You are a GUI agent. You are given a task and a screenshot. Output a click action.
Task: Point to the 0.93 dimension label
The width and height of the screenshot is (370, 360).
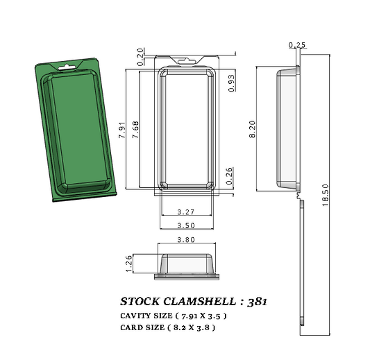pyautogui.click(x=231, y=83)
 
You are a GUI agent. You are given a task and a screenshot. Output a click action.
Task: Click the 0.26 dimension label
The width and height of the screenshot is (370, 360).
pyautogui.click(x=230, y=176)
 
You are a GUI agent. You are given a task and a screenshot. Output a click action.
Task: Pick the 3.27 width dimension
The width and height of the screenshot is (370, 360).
pyautogui.click(x=185, y=211)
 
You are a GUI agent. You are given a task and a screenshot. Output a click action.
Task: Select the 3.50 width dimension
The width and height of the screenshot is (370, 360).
pyautogui.click(x=185, y=225)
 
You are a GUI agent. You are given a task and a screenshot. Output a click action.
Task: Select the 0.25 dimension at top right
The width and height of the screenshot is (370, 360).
pyautogui.click(x=296, y=45)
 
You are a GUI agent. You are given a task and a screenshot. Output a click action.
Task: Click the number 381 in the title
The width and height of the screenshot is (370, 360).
pyautogui.click(x=255, y=302)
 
